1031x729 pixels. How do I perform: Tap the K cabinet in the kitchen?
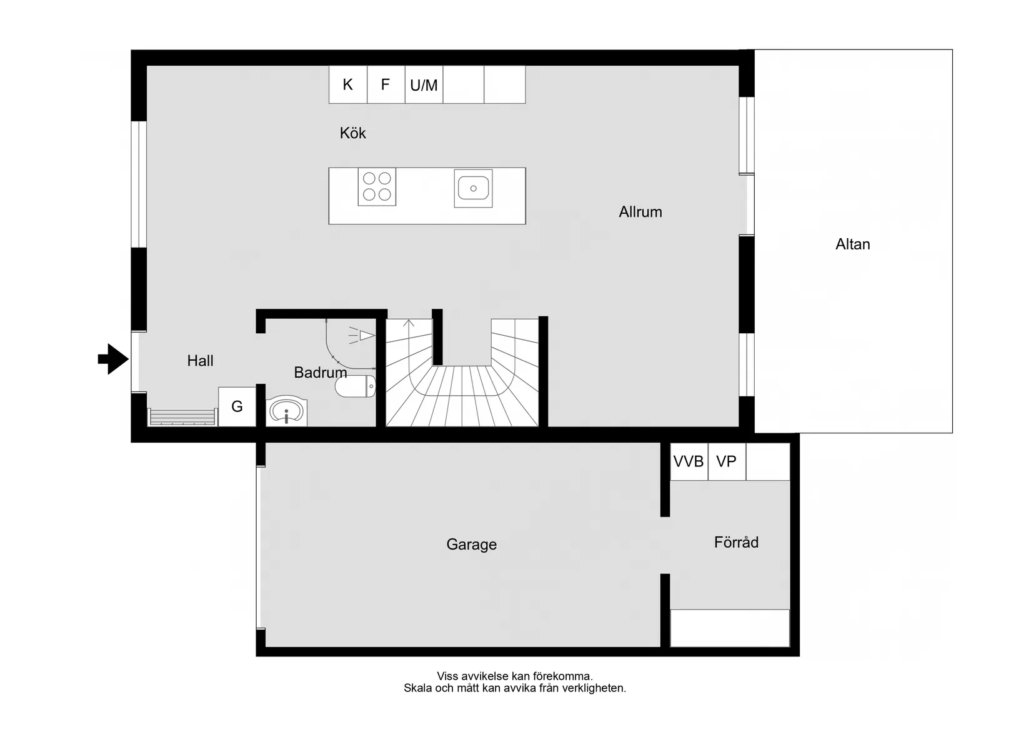pos(347,84)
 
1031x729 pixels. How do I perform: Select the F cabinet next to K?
pos(386,84)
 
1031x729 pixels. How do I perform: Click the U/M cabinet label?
pos(424,86)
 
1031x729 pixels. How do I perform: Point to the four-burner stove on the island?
pos(377,186)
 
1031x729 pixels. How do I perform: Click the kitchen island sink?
pos(473,188)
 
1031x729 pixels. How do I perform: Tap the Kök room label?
pos(352,133)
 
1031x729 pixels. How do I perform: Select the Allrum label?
pos(640,212)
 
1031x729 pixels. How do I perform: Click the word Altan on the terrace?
pos(852,244)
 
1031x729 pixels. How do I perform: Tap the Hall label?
pos(200,361)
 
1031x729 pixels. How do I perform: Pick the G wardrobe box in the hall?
pos(237,406)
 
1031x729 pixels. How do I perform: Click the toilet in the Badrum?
pos(356,386)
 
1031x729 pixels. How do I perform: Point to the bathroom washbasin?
pos(286,411)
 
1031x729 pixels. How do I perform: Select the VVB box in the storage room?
pos(689,461)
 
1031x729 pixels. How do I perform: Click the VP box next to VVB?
pos(726,461)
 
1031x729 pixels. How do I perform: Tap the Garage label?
pos(471,545)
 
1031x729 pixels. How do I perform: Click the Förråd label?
pos(736,542)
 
